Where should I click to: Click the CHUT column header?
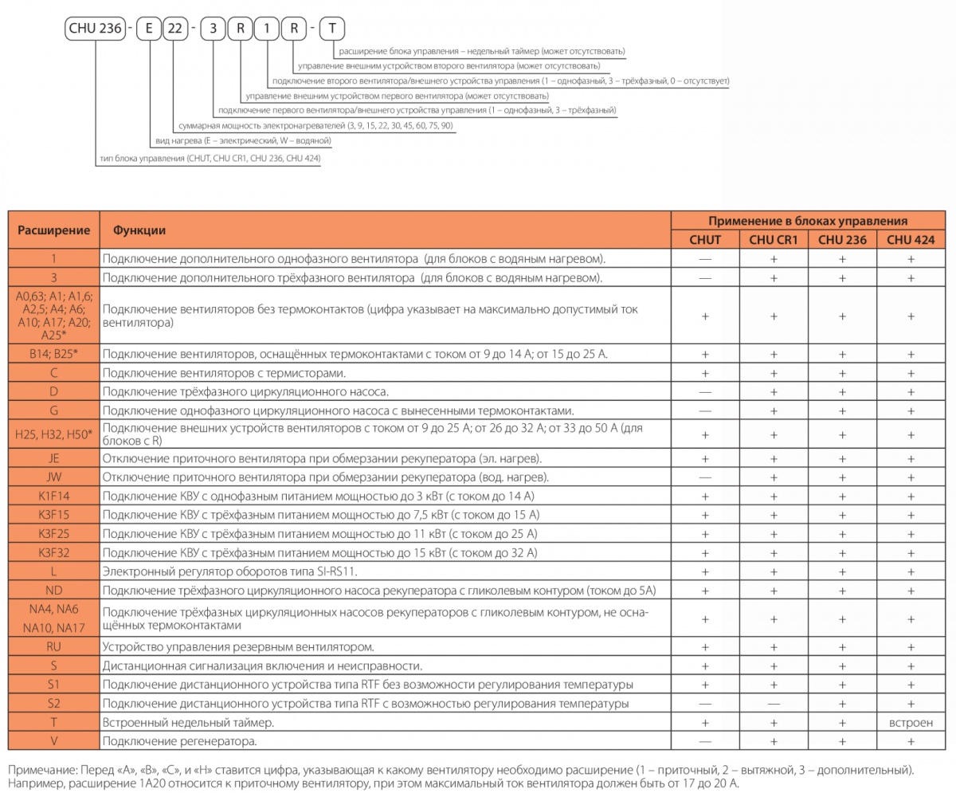pyautogui.click(x=705, y=239)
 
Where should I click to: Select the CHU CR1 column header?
pyautogui.click(x=774, y=239)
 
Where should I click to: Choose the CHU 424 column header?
pyautogui.click(x=911, y=239)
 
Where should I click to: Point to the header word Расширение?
pyautogui.click(x=53, y=230)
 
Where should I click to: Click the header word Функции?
pyautogui.click(x=139, y=230)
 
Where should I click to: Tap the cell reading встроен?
pyautogui.click(x=911, y=723)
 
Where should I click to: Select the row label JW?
pyautogui.click(x=53, y=477)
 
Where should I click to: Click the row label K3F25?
pyautogui.click(x=53, y=533)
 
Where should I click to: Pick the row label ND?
pyautogui.click(x=53, y=591)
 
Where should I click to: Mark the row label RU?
pyautogui.click(x=53, y=646)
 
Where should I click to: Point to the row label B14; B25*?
pyautogui.click(x=53, y=353)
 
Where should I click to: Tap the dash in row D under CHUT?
pyautogui.click(x=705, y=392)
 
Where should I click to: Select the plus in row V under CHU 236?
pyautogui.click(x=842, y=742)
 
